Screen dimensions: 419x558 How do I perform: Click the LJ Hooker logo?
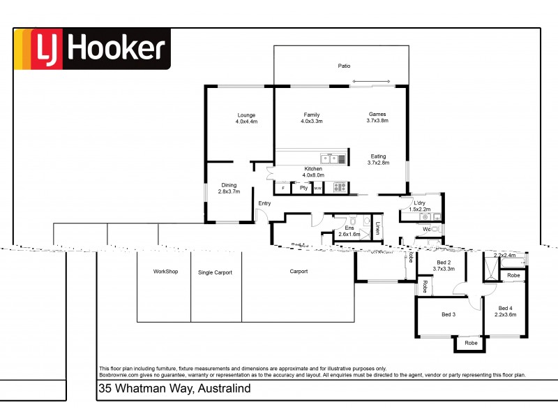[92, 49]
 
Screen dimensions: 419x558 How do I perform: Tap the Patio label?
[344, 66]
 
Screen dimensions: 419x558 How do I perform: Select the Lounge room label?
[246, 115]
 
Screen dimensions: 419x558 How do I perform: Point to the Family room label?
[311, 115]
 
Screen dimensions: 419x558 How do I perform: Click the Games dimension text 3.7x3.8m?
[377, 121]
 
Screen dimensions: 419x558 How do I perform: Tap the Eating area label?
[377, 156]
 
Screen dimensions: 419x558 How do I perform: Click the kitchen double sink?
[329, 159]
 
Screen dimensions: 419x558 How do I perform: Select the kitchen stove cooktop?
[339, 187]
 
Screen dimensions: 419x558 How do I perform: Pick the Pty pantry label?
[303, 188]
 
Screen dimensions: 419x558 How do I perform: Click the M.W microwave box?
[318, 188]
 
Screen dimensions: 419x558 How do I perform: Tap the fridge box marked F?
[282, 188]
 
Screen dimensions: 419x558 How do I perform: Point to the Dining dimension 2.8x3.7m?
[229, 191]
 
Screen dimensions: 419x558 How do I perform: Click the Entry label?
[264, 203]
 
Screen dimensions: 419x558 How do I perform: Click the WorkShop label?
[166, 272]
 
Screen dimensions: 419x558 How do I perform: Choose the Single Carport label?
[215, 272]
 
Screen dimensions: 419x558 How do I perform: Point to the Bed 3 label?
[448, 315]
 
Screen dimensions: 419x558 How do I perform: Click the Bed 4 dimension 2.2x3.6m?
[506, 315]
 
